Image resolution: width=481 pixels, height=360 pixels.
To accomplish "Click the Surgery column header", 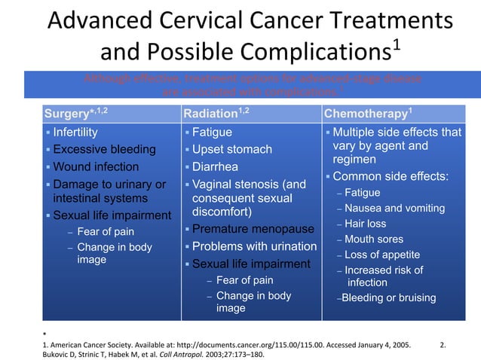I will point(72,114).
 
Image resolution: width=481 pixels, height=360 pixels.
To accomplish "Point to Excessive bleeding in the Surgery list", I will point(104,149).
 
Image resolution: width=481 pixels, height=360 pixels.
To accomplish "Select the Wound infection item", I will point(96,166).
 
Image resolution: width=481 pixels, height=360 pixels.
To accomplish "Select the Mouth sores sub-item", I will point(374,239).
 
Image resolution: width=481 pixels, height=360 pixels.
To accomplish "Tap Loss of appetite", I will point(381,255).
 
